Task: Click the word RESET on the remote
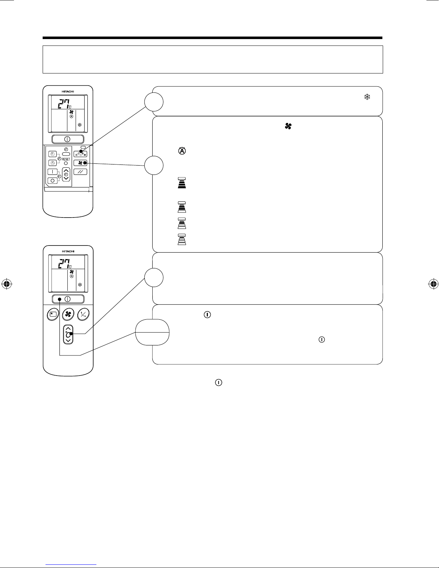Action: coord(66,159)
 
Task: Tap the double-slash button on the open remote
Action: coord(80,172)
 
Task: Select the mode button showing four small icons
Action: coord(80,154)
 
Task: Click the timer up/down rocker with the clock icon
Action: coord(66,174)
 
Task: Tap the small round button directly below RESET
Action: coord(66,163)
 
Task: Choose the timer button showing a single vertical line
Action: coord(53,172)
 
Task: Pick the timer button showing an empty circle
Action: coord(53,181)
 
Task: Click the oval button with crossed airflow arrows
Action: coord(83,314)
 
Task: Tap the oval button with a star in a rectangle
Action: coord(53,314)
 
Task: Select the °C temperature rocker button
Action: coord(68,334)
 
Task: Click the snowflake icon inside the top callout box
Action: coord(367,97)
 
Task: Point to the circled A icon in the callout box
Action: coord(182,151)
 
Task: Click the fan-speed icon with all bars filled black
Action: coord(182,183)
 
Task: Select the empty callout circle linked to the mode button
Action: coord(154,102)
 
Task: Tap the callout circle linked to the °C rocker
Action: coord(154,277)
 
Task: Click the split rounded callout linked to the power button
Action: coord(152,332)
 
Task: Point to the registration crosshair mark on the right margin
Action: coord(433,284)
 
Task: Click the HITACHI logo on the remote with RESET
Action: coord(68,91)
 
